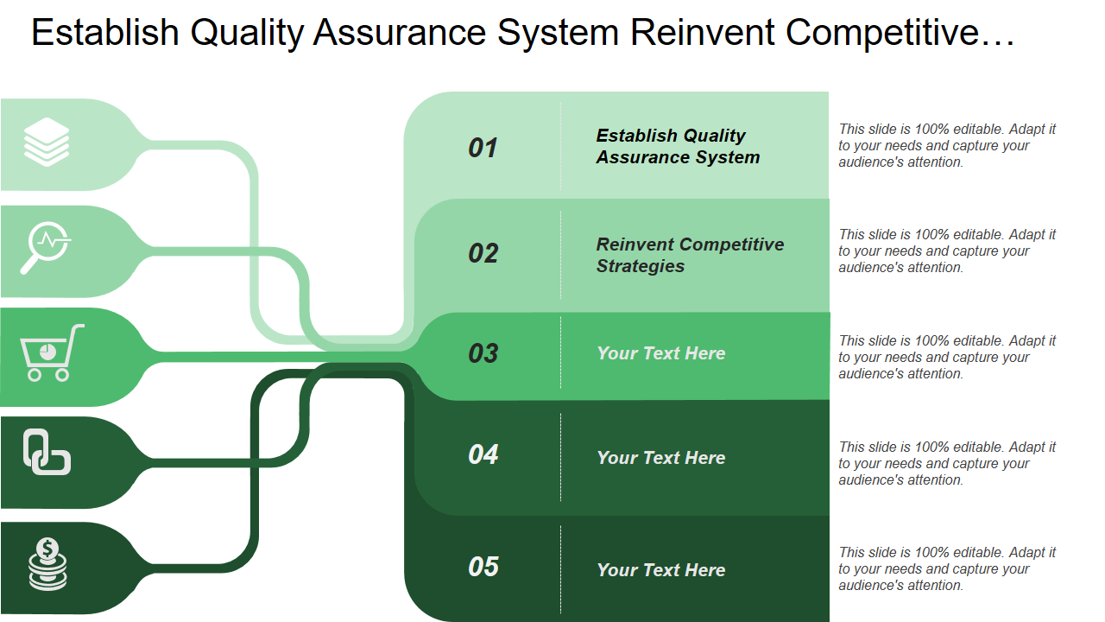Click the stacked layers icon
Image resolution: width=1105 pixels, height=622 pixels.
pyautogui.click(x=47, y=143)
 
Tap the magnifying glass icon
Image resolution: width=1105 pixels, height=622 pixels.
pyautogui.click(x=46, y=248)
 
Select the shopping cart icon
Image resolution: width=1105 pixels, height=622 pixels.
pyautogui.click(x=51, y=352)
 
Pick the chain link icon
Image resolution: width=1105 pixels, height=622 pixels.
pyautogui.click(x=47, y=453)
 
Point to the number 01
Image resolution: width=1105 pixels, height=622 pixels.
pyautogui.click(x=483, y=148)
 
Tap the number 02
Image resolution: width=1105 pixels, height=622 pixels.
pyautogui.click(x=483, y=253)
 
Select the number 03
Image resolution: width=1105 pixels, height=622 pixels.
pyautogui.click(x=483, y=353)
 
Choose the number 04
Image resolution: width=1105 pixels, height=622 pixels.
pyautogui.click(x=483, y=454)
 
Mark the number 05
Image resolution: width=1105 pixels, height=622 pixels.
pyautogui.click(x=483, y=567)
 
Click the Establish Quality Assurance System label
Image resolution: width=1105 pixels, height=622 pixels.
pyautogui.click(x=678, y=146)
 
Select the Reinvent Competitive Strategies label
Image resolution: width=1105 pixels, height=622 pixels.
pyautogui.click(x=690, y=255)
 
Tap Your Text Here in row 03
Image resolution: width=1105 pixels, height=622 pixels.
pyautogui.click(x=660, y=353)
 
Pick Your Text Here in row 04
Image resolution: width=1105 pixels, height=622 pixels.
pyautogui.click(x=660, y=458)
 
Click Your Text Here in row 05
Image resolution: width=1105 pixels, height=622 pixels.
pyautogui.click(x=660, y=570)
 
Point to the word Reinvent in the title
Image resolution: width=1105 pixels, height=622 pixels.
pyautogui.click(x=703, y=33)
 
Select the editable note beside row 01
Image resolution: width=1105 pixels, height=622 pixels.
pyautogui.click(x=947, y=145)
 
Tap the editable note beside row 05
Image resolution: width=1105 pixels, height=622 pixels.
pyautogui.click(x=947, y=568)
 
